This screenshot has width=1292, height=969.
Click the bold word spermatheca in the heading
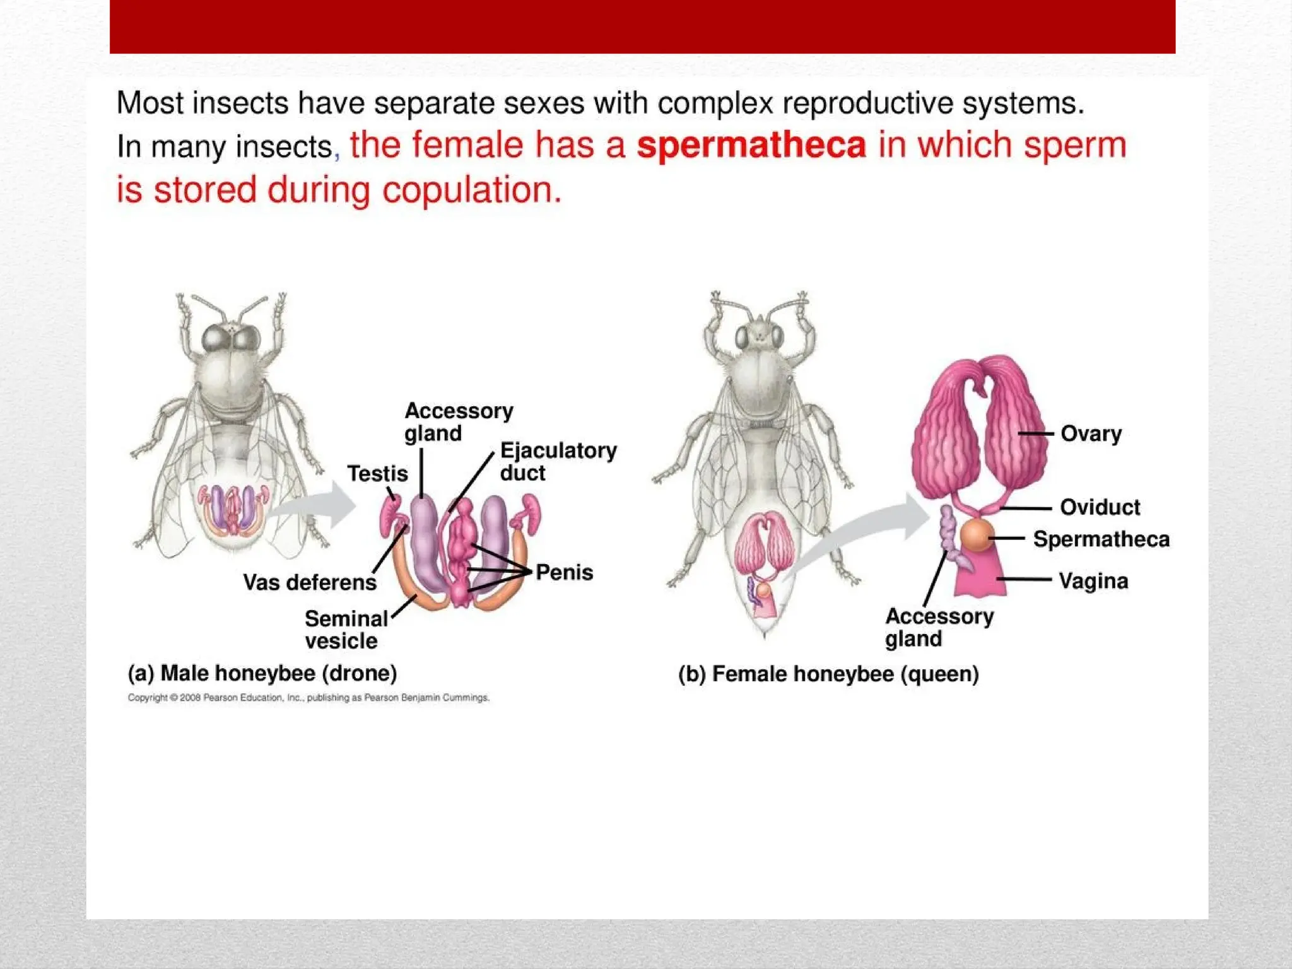click(x=751, y=146)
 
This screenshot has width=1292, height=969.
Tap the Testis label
click(x=377, y=473)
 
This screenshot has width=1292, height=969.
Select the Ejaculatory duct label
click(x=558, y=461)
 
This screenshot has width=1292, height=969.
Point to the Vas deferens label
click(x=310, y=582)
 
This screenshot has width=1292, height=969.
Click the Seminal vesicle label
click(x=346, y=629)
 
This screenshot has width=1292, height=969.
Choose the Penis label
click(x=564, y=572)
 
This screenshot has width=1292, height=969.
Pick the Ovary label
click(x=1091, y=434)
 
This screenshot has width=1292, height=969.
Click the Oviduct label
click(x=1100, y=507)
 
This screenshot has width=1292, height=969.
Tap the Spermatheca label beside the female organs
click(x=1101, y=539)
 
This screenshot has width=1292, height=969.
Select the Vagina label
click(x=1093, y=580)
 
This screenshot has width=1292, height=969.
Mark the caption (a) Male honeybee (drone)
click(x=262, y=673)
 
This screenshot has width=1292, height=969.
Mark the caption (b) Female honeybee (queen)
click(x=828, y=674)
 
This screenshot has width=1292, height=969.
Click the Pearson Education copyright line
click(x=308, y=698)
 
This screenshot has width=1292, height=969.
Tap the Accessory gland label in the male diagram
click(x=459, y=422)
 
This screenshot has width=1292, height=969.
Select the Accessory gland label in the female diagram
click(x=939, y=628)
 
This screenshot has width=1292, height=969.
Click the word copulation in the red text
click(x=471, y=190)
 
